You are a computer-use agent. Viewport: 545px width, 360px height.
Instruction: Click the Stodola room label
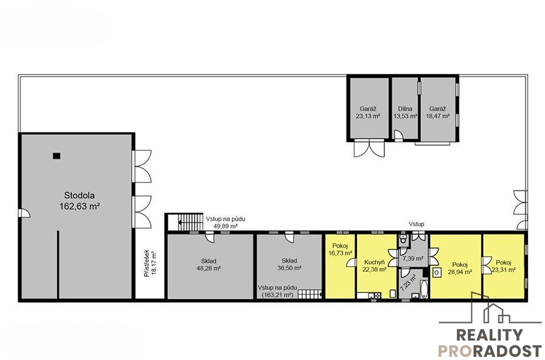click(x=79, y=195)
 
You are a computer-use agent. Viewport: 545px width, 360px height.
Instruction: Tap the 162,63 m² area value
click(x=80, y=206)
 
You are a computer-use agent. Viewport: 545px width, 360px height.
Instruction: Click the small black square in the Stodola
click(x=57, y=156)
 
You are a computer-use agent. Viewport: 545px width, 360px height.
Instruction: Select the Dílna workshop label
click(x=405, y=109)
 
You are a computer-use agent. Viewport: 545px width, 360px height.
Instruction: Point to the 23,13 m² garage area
click(x=368, y=116)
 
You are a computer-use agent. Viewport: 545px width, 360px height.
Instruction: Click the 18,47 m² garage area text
click(x=437, y=116)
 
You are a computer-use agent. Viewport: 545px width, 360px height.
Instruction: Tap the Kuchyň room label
click(x=374, y=262)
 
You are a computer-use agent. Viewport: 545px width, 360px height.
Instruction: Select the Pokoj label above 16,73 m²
click(x=340, y=246)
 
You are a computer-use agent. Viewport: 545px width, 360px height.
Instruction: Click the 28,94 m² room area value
click(x=459, y=272)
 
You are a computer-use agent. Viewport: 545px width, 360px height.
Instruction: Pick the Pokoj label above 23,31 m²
click(x=503, y=263)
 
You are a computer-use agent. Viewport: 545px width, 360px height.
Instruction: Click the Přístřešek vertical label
click(x=147, y=263)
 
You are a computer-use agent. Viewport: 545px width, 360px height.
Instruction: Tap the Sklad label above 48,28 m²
click(x=209, y=261)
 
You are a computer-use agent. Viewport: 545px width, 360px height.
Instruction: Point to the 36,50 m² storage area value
click(x=289, y=268)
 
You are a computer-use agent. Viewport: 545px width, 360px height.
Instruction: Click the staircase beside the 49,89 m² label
click(x=190, y=222)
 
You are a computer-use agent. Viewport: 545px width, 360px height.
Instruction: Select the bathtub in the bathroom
click(x=424, y=289)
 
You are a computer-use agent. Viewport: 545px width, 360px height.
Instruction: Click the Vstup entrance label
click(x=416, y=224)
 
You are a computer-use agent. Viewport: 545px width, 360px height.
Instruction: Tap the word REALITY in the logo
click(x=490, y=335)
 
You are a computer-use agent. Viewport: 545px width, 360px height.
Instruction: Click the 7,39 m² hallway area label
click(x=412, y=258)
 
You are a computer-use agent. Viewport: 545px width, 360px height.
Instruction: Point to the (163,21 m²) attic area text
click(x=277, y=295)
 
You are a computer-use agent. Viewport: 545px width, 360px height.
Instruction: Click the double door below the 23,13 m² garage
click(x=369, y=148)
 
